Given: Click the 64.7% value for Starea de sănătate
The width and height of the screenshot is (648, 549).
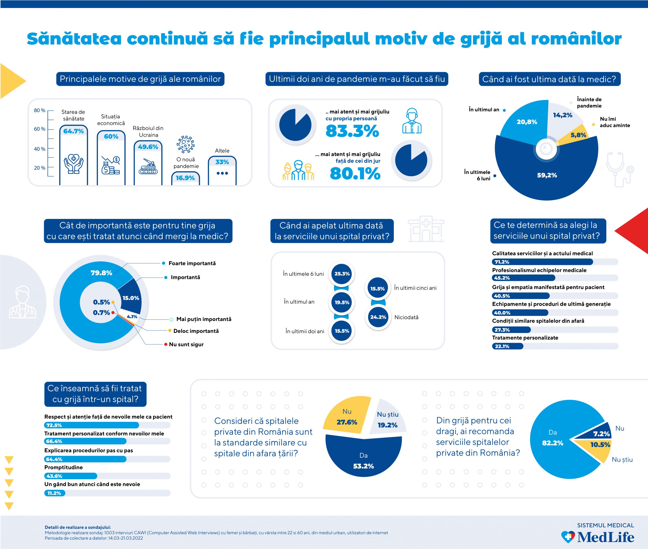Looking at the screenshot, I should [x=73, y=131].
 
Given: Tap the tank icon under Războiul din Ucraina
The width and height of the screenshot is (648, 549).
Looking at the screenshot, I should [x=148, y=167].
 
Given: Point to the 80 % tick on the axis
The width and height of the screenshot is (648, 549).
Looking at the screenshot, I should [x=39, y=111].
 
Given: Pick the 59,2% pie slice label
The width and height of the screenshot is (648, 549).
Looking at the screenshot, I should [x=547, y=175].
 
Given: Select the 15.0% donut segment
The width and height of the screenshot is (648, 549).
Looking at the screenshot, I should [x=131, y=298].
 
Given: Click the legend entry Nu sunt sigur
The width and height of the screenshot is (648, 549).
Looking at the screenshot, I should [x=186, y=344].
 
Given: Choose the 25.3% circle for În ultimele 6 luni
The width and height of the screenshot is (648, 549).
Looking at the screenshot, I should [x=342, y=274].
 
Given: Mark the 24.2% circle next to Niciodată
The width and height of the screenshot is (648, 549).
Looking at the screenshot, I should [x=378, y=317].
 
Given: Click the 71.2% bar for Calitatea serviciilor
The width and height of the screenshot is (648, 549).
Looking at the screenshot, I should [x=542, y=262].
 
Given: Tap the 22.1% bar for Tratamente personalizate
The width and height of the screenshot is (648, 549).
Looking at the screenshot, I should [x=507, y=346].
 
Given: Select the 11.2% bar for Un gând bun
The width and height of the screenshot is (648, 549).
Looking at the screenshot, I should [x=54, y=493].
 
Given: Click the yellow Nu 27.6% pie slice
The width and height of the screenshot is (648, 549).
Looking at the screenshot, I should [x=347, y=417].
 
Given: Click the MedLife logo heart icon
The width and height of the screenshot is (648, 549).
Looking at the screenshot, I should [x=568, y=537].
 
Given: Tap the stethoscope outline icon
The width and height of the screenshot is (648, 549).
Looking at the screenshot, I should [x=619, y=170].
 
